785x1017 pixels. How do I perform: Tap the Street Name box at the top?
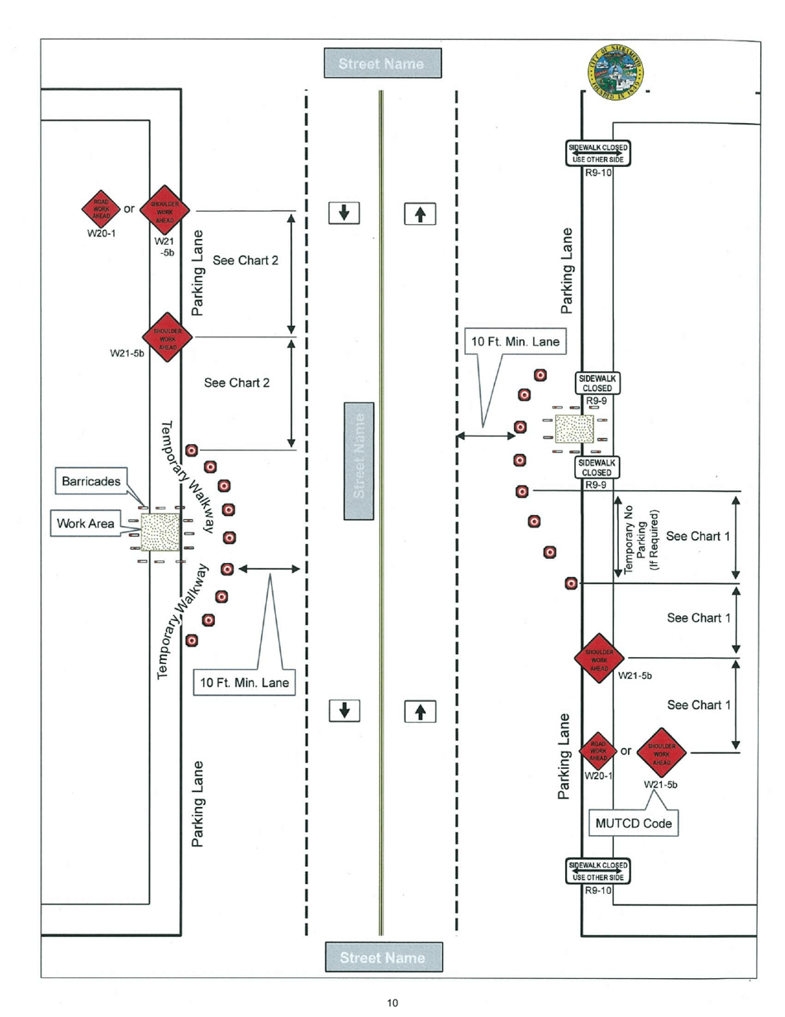382,64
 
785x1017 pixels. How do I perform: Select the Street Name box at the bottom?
382,957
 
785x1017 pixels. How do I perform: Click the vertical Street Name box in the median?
358,461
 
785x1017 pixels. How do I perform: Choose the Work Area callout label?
85,523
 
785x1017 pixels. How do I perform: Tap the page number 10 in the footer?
392,1003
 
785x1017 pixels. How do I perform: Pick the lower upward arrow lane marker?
420,710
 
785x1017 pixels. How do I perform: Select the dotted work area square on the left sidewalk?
160,532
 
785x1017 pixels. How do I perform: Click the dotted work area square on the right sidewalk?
574,429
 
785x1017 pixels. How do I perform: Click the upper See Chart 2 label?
245,261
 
